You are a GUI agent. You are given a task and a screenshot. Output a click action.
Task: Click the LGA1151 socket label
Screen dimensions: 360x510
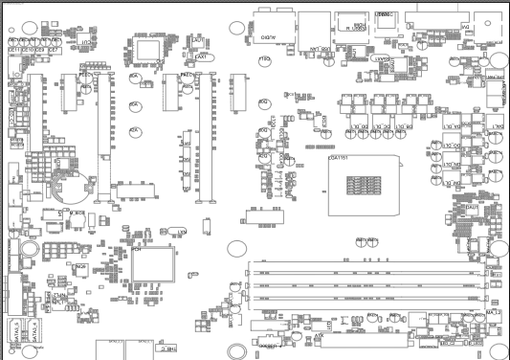pos(338,157)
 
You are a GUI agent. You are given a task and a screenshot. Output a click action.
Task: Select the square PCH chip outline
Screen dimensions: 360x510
pos(152,261)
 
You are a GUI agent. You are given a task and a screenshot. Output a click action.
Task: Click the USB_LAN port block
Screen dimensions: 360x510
pos(312,30)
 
